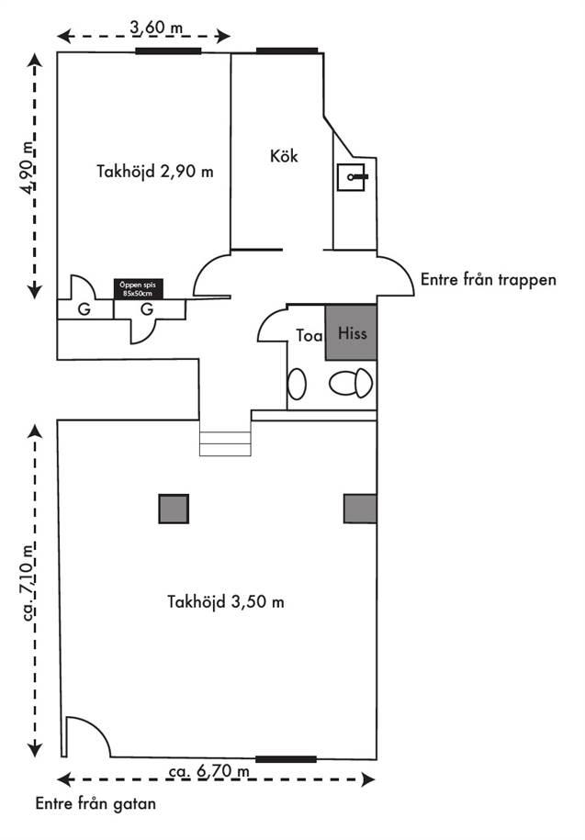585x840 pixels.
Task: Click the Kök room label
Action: tap(284, 156)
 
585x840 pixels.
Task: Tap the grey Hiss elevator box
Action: tap(351, 332)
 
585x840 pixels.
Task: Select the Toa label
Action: tap(309, 335)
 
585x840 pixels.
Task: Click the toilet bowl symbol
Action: tap(351, 383)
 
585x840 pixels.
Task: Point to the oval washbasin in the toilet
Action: tap(297, 384)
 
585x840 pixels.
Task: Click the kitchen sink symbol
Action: tap(352, 177)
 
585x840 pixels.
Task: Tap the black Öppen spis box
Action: tap(138, 289)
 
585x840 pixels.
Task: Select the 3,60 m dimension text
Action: tap(156, 27)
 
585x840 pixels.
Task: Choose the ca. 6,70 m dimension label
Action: tap(209, 771)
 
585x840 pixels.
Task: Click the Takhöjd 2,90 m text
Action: tap(155, 171)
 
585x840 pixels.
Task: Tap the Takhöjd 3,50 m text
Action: tap(226, 601)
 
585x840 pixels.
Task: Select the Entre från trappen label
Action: tap(488, 279)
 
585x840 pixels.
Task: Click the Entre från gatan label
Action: tap(96, 803)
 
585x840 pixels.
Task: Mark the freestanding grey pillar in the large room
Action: tap(174, 509)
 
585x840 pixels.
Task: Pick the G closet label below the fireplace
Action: tap(147, 309)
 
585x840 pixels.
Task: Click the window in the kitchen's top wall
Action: tap(287, 50)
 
